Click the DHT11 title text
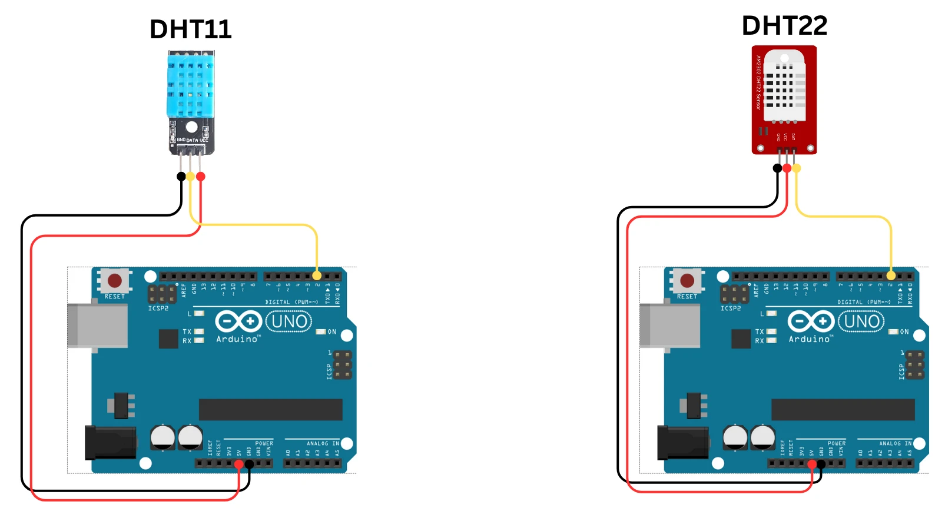click(x=190, y=29)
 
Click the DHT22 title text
click(x=784, y=26)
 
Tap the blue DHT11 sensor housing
click(x=190, y=84)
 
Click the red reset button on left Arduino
click(x=115, y=280)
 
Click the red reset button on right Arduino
click(x=687, y=280)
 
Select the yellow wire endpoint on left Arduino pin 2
click(x=317, y=276)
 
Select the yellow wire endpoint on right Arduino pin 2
click(x=891, y=276)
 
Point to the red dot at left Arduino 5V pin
click(x=238, y=464)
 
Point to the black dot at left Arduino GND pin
click(x=249, y=464)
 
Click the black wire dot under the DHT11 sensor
click(x=181, y=177)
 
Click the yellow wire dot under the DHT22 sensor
click(x=797, y=168)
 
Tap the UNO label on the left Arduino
click(x=289, y=321)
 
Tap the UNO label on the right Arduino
click(x=861, y=321)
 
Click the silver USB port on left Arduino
click(x=97, y=326)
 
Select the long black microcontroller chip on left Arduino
click(x=270, y=410)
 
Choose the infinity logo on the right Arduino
click(x=811, y=321)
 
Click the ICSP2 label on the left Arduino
click(x=158, y=308)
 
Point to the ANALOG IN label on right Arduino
click(x=895, y=443)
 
